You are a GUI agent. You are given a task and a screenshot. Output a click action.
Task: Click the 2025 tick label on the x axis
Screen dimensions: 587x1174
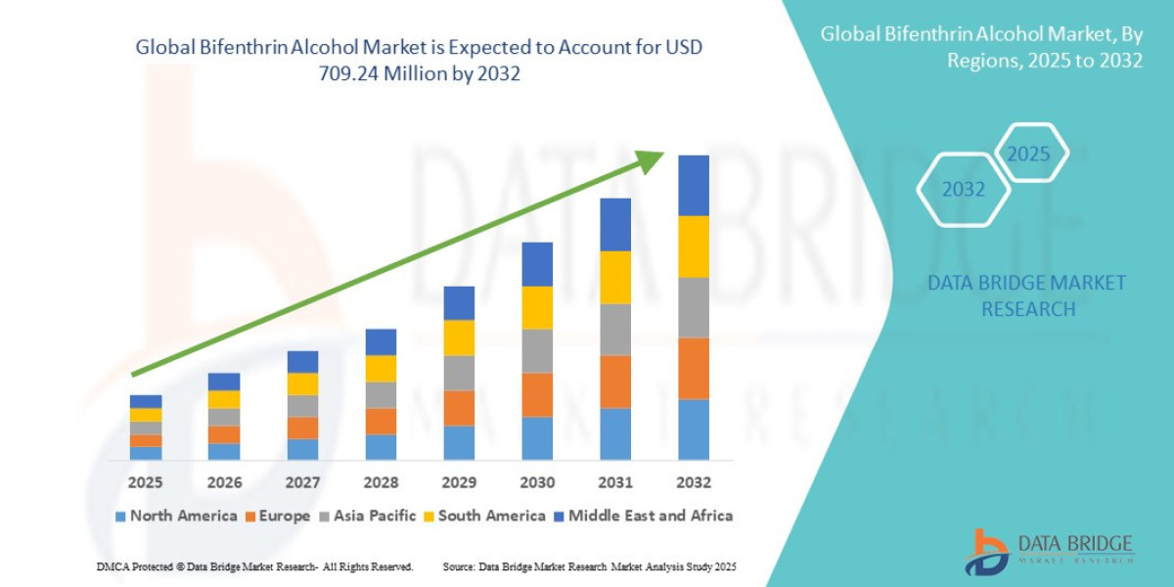tap(146, 482)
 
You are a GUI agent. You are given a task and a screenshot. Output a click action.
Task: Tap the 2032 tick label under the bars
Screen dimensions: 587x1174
tap(693, 482)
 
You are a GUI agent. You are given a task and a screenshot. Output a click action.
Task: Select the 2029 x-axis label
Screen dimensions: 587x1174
tap(459, 482)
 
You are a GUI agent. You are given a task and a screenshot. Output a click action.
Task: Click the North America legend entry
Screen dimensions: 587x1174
tap(176, 516)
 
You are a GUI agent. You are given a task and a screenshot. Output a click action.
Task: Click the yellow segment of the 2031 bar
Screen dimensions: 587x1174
tap(615, 277)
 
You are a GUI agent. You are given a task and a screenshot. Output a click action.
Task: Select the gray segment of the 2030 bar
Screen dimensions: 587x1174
tap(537, 350)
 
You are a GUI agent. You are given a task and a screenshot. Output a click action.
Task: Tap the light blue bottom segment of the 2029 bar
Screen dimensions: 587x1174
tap(459, 442)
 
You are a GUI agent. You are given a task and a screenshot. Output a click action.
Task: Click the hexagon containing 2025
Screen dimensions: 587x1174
tap(1028, 154)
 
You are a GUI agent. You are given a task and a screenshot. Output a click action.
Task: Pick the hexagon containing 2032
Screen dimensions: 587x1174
tap(964, 190)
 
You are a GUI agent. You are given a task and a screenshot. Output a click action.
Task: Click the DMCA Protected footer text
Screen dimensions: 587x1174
tap(254, 566)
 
